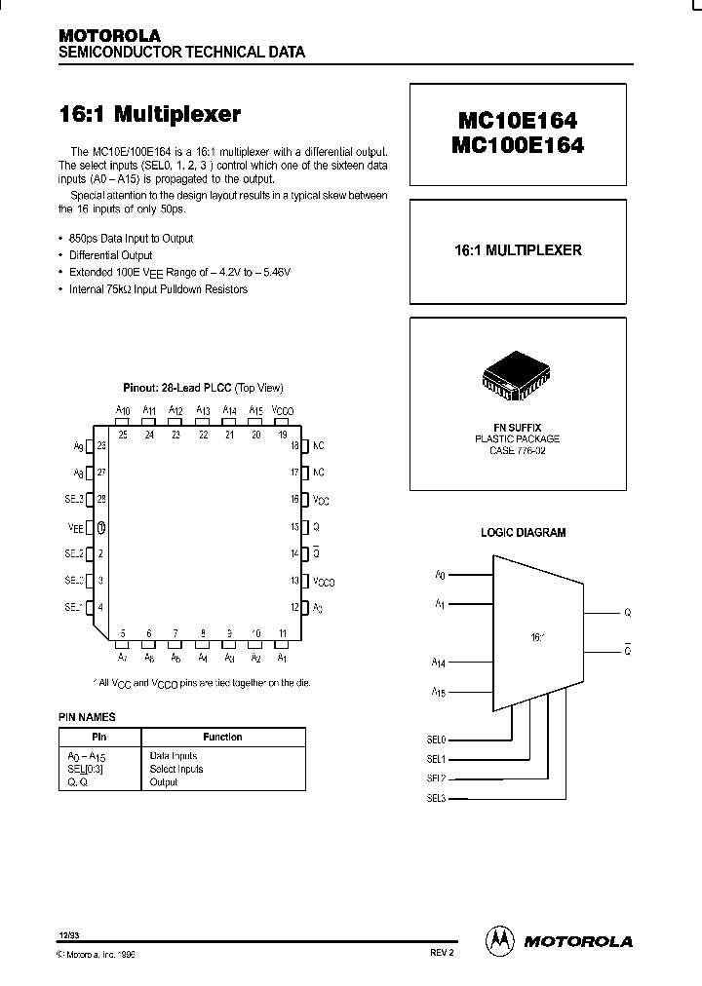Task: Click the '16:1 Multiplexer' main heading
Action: pos(149,114)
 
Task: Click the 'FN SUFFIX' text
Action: pos(517,428)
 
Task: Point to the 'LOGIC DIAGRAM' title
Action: pos(523,533)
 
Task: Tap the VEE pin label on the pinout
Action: pos(74,527)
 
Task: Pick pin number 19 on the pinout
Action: pos(283,435)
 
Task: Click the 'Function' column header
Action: pos(222,738)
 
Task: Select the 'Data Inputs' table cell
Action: pos(174,756)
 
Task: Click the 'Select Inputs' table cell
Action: pos(176,769)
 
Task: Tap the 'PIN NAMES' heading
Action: pos(87,717)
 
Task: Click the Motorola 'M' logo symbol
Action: pos(499,940)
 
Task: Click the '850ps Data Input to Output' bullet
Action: pos(132,239)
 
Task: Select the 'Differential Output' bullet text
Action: pos(111,255)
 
